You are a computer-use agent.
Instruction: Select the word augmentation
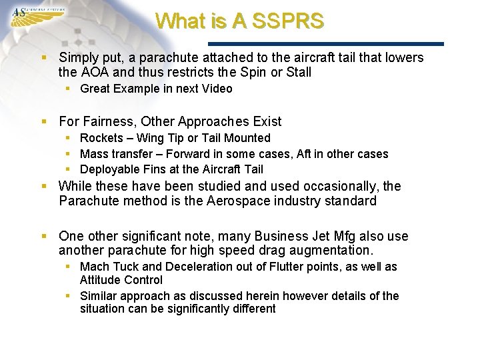(x=331, y=251)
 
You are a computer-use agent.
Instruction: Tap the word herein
(x=269, y=295)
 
